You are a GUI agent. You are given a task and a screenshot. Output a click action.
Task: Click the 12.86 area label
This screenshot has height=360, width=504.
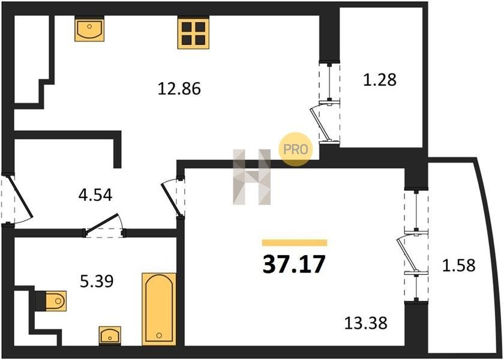point(179,88)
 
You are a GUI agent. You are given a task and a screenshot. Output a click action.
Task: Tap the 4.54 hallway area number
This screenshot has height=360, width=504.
point(95,195)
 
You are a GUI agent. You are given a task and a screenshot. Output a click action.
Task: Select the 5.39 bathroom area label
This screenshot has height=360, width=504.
point(97,281)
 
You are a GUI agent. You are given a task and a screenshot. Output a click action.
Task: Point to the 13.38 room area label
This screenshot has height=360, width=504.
point(365,323)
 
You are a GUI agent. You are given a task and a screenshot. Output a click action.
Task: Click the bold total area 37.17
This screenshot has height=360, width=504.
point(294,264)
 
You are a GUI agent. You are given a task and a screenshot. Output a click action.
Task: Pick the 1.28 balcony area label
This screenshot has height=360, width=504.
point(380,80)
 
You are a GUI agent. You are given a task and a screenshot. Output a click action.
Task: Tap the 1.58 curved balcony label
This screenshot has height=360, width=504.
point(458,265)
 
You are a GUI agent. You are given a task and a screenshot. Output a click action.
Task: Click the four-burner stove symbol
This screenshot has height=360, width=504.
point(193,33)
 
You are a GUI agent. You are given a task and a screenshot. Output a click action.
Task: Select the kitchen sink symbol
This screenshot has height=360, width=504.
point(89,29)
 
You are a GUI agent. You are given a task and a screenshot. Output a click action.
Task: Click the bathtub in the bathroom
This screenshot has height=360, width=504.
point(159,309)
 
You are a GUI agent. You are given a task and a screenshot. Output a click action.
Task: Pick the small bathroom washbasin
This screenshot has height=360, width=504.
point(110,335)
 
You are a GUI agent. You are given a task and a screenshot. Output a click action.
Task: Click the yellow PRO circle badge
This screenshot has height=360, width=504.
point(295,149)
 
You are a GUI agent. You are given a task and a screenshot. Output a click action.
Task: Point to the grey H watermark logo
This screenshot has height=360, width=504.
point(251,177)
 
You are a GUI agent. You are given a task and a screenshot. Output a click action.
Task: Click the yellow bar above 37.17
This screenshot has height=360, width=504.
point(295,242)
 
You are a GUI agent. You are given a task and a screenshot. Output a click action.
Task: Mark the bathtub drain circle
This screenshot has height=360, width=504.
point(159,335)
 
